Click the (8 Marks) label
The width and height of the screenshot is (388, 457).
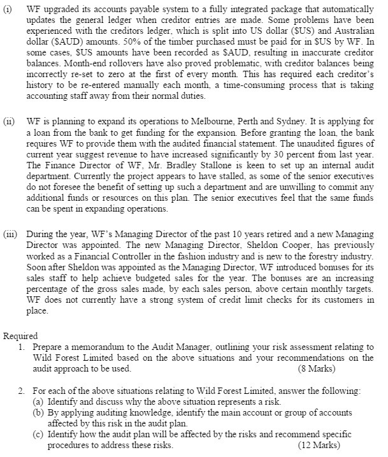click(x=316, y=368)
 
